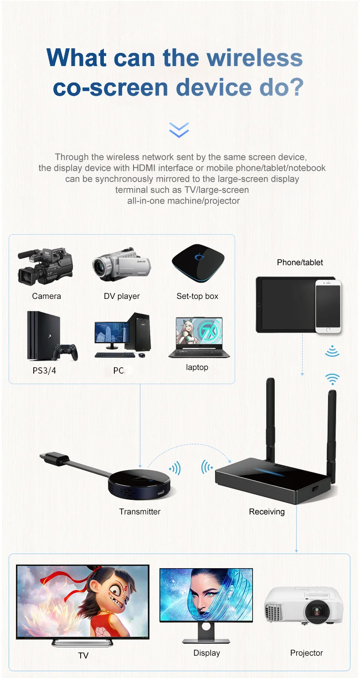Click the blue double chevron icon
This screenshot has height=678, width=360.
[179, 129]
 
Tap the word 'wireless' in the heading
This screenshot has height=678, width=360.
[255, 58]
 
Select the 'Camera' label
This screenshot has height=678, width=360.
[46, 296]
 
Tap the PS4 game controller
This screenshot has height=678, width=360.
[66, 351]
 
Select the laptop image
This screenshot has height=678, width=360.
[199, 338]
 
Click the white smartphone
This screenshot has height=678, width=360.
[328, 306]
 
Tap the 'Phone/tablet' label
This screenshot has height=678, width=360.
[300, 262]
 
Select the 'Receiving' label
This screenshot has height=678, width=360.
[267, 512]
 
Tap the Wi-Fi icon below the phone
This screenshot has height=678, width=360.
[332, 379]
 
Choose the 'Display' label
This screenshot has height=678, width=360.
[206, 653]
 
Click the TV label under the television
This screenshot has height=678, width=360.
[83, 655]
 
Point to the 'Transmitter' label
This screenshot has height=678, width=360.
[139, 512]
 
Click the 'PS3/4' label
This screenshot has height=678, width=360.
[44, 370]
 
